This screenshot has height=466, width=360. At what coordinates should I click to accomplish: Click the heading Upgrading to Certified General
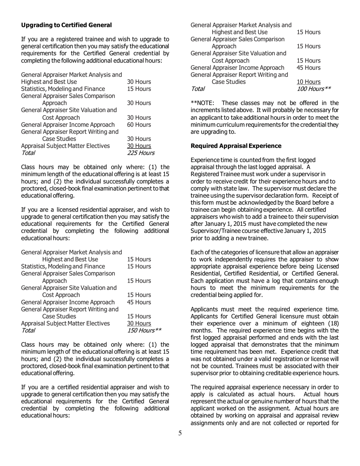pos(66,25)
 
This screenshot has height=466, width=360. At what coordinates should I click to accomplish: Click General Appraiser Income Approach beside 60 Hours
pos(68,125)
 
